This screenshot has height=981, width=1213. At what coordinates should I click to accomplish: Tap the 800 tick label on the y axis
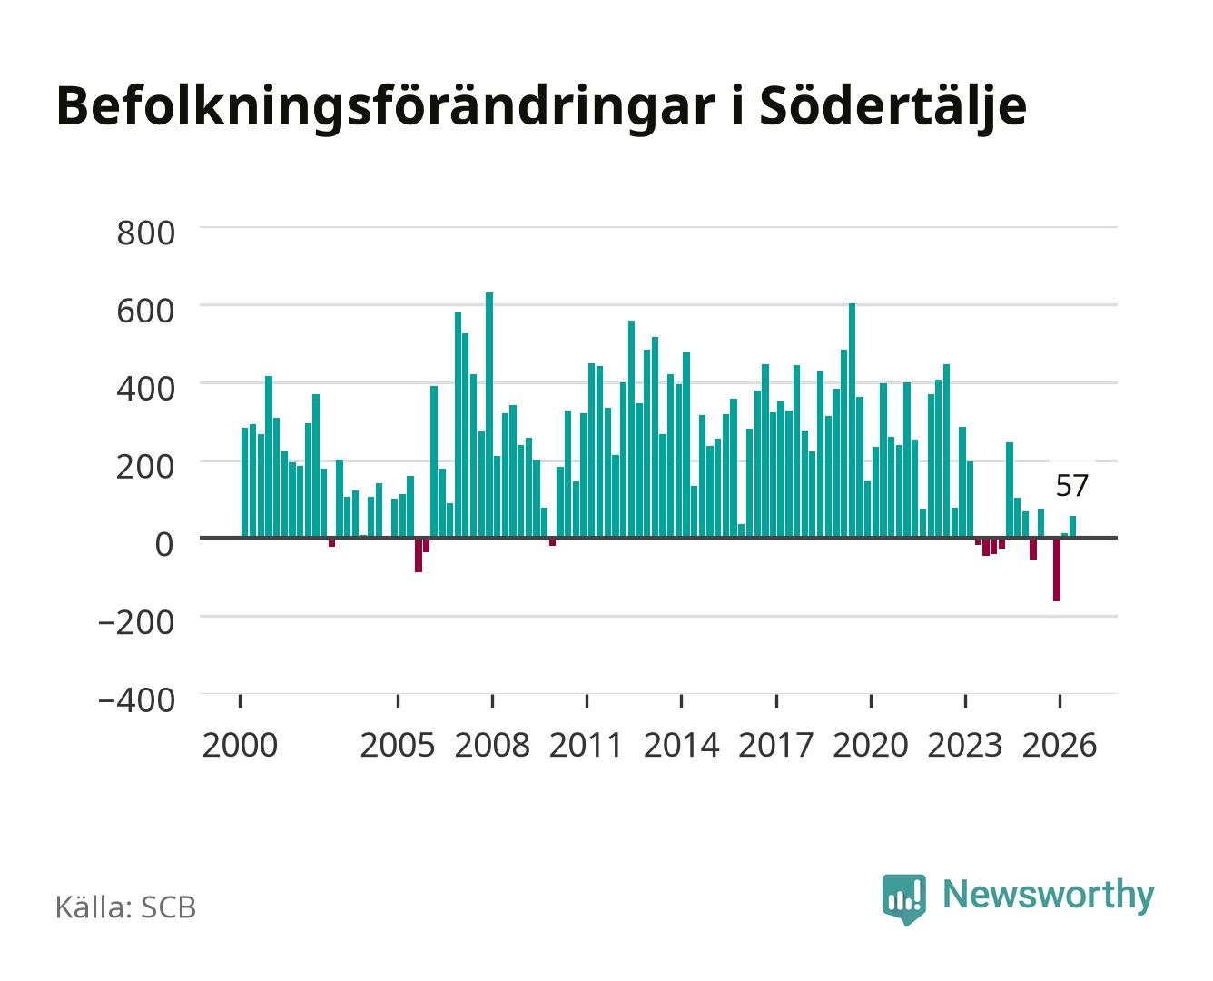click(145, 233)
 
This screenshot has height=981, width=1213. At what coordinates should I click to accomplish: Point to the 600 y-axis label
click(145, 311)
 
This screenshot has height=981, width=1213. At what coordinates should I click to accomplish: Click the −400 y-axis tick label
click(137, 699)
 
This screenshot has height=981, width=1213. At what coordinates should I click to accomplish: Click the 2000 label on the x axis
click(240, 745)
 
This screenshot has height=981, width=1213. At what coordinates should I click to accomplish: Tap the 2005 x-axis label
click(398, 745)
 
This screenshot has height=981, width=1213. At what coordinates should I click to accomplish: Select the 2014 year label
click(681, 745)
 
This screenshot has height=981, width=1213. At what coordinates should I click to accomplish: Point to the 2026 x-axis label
click(1060, 745)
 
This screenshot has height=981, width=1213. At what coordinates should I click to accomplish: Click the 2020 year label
click(870, 745)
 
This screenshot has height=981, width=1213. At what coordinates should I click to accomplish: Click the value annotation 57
click(1071, 485)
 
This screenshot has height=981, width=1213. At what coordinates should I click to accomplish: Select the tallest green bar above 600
click(489, 415)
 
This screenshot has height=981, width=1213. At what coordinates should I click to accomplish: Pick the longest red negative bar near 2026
click(1057, 570)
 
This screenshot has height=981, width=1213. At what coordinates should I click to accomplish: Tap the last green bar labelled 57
click(1073, 527)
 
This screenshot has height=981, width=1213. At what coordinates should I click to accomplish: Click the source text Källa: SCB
click(125, 907)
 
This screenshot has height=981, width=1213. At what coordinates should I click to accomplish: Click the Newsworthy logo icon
click(903, 899)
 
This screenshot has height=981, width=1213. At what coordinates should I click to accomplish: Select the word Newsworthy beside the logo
click(1049, 896)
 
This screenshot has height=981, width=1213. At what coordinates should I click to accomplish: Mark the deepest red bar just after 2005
click(419, 555)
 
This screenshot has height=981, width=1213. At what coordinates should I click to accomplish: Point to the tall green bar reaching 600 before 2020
click(852, 421)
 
